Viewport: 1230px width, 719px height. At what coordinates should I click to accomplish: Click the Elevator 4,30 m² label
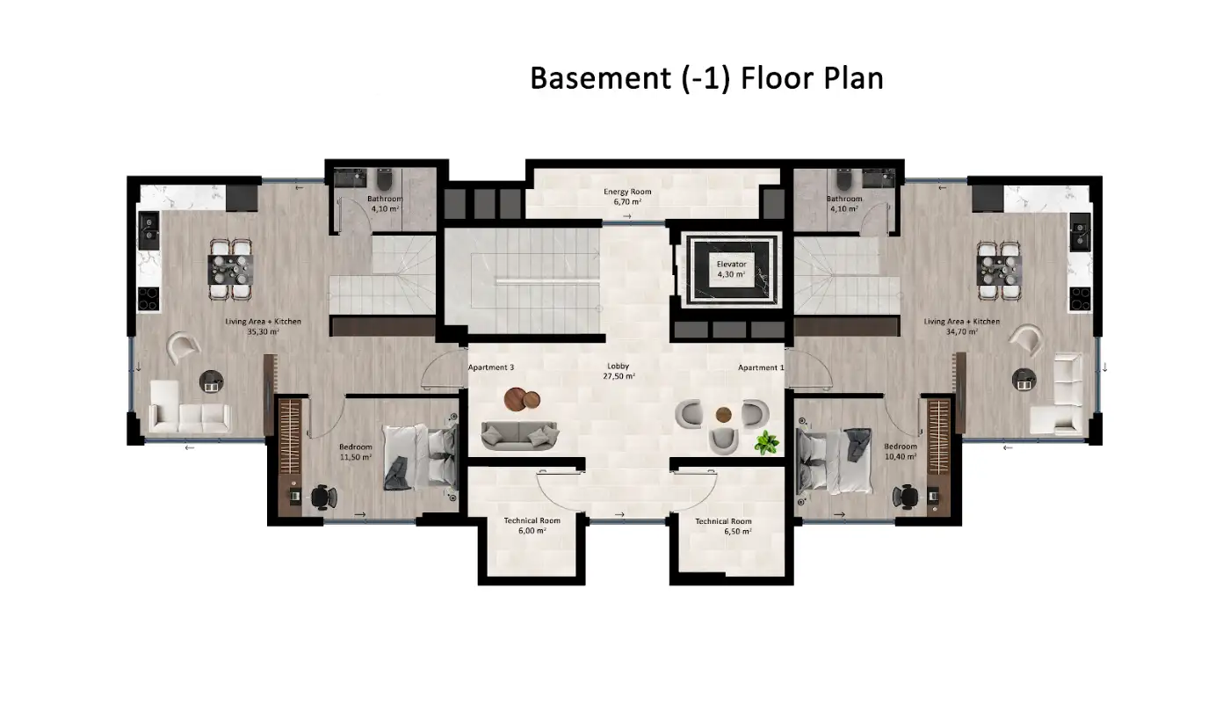pos(731,269)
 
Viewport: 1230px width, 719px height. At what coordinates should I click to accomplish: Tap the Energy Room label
pos(627,192)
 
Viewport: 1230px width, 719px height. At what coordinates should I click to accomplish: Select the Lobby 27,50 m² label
pos(619,371)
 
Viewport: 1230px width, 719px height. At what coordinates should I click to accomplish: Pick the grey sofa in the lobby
pos(519,436)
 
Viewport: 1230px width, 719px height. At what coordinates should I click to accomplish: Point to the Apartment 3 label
pos(491,367)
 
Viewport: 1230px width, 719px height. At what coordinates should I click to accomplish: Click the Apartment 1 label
pos(761,367)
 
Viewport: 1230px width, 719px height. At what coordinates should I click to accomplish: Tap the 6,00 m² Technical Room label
pos(532,526)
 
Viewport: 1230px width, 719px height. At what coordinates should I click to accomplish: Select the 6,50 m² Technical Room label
pos(724,527)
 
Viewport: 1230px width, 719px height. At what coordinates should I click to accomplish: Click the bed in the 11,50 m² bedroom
pos(420,457)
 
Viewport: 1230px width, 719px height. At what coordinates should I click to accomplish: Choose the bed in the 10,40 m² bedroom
pos(834,461)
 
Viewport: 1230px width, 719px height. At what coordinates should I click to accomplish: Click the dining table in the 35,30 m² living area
pos(230,269)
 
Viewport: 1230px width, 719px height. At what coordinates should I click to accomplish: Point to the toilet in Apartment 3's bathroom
pos(384,179)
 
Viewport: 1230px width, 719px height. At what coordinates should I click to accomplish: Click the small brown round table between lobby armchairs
pos(723,415)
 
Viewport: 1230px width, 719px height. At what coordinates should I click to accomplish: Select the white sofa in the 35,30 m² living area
pos(190,409)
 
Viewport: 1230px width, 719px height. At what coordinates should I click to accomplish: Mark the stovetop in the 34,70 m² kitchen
pos(1081,300)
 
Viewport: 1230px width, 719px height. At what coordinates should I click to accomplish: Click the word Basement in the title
pos(600,78)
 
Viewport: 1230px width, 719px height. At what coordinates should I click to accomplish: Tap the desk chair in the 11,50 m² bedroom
pos(323,497)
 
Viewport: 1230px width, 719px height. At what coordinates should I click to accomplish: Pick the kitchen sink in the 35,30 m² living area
pos(148,229)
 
